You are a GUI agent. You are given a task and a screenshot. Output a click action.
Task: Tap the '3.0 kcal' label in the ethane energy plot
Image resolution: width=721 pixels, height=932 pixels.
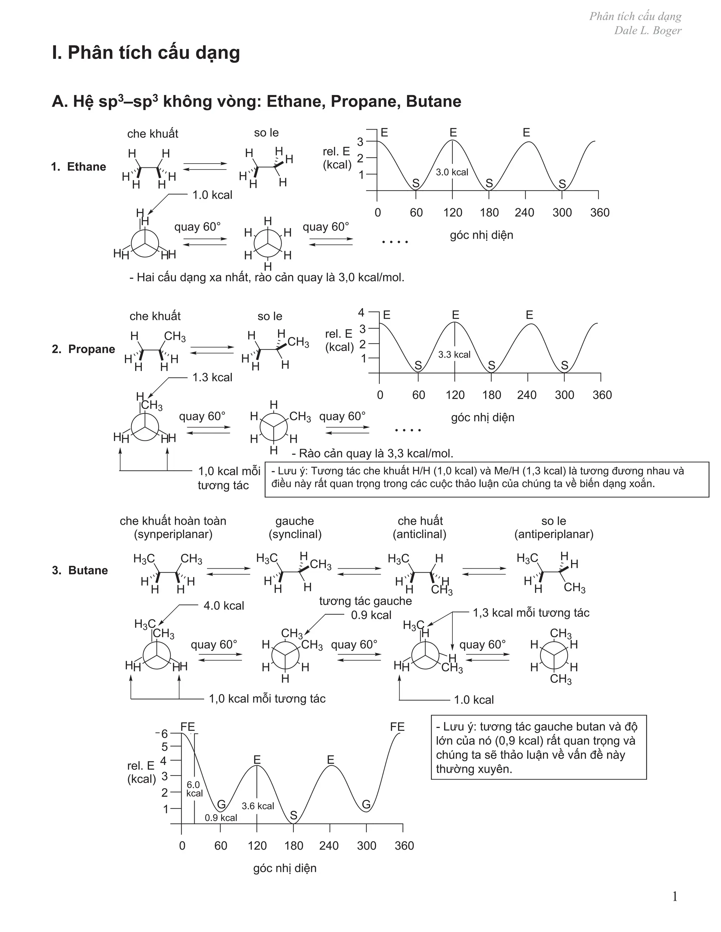(x=452, y=172)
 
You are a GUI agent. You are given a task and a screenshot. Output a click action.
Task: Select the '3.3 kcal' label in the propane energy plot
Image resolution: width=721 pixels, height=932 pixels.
(x=454, y=354)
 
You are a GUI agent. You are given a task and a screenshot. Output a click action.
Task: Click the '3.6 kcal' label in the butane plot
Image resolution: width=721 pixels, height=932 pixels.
(x=258, y=806)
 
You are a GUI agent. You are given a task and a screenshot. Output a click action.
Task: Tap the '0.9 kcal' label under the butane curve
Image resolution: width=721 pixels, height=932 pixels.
(x=221, y=818)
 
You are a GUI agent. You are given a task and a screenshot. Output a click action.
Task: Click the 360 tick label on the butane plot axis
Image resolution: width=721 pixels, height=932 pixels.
(x=404, y=845)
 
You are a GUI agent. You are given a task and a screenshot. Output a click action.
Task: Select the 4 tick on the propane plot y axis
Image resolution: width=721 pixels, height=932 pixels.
(x=361, y=312)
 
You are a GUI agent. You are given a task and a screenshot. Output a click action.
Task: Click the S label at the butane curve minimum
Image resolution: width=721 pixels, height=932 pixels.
(x=294, y=815)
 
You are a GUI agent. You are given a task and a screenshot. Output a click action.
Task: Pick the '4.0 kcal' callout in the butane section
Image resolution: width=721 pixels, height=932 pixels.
(x=224, y=606)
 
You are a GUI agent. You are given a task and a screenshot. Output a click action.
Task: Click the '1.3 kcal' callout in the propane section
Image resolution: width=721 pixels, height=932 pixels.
(x=212, y=377)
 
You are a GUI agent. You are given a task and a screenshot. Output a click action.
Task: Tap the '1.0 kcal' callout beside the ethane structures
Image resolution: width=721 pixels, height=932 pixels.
(x=212, y=195)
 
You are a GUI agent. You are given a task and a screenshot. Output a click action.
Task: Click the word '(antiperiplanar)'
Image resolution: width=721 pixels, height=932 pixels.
(x=553, y=534)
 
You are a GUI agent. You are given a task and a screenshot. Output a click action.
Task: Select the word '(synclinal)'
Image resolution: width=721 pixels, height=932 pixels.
(x=295, y=534)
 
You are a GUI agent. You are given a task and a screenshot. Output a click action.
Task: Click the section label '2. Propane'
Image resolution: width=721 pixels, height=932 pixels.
(x=83, y=349)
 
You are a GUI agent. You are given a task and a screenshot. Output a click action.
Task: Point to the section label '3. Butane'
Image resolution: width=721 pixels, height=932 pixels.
(x=80, y=570)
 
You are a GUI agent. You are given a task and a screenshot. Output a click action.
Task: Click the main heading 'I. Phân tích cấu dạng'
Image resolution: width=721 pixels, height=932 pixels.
(x=146, y=53)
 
